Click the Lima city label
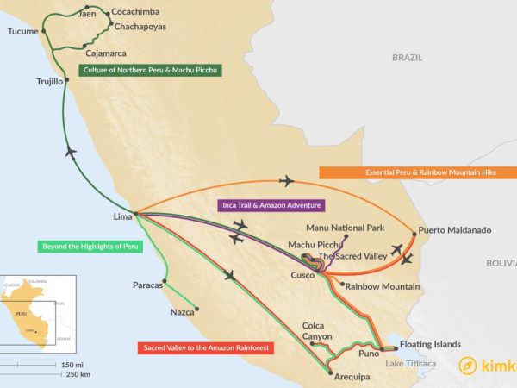pyautogui.click(x=124, y=216)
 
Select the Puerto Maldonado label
pyautogui.click(x=454, y=230)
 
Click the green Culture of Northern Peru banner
pyautogui.click(x=150, y=70)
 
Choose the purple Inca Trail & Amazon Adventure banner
pyautogui.click(x=269, y=205)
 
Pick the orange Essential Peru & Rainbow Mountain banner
pyautogui.click(x=418, y=172)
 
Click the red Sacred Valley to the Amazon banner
pyautogui.click(x=205, y=348)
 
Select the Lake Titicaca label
pyautogui.click(x=412, y=364)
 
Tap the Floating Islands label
pyautogui.click(x=436, y=345)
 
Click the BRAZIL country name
pyautogui.click(x=408, y=57)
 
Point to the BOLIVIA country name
pyautogui.click(x=500, y=261)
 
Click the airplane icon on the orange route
pyautogui.click(x=287, y=181)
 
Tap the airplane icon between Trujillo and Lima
pyautogui.click(x=71, y=153)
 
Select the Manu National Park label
pyautogui.click(x=346, y=227)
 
